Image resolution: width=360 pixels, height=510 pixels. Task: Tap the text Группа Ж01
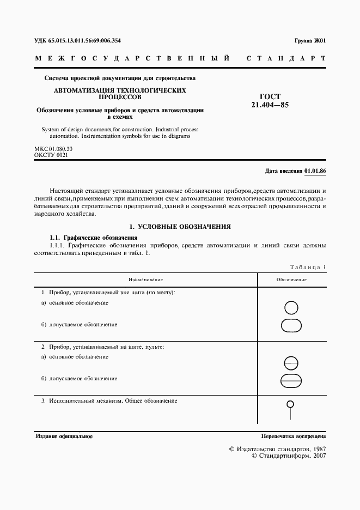[x=310, y=40]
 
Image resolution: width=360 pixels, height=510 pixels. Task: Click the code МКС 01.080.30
[x=53, y=148]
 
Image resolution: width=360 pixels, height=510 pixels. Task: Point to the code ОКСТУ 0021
[x=52, y=155]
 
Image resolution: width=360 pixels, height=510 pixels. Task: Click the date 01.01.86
[x=315, y=171]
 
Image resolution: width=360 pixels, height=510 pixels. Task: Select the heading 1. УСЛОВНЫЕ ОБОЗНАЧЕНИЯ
[x=180, y=226]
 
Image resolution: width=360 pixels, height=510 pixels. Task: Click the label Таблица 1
[x=307, y=267]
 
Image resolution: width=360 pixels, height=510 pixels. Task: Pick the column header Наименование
[x=145, y=280]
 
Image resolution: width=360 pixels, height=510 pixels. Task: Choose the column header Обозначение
[x=291, y=280]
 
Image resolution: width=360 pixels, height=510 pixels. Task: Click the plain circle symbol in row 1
[x=291, y=308]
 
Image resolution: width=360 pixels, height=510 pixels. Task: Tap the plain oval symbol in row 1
[x=291, y=325]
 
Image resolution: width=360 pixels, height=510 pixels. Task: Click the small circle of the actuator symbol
[x=291, y=404]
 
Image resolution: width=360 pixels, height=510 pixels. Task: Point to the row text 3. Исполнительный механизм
[x=109, y=401]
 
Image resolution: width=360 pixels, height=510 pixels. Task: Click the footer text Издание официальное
[x=64, y=436]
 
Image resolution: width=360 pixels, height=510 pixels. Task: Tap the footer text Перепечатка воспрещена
[x=293, y=436]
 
